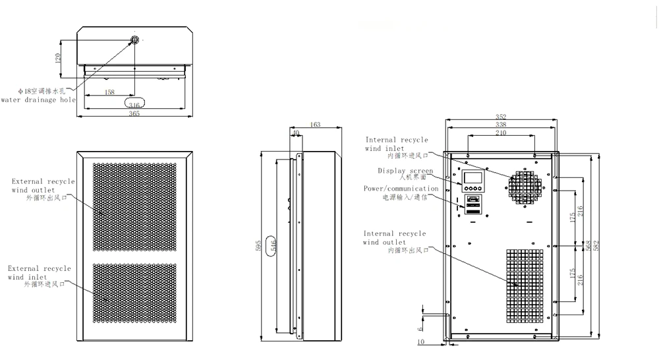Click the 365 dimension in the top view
134,114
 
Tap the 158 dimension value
110,92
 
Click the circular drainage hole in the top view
134,40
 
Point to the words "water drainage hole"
38,100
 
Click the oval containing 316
134,104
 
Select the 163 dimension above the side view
314,124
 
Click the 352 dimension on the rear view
501,117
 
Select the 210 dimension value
501,133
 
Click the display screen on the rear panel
471,177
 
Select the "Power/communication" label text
401,189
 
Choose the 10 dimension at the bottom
421,342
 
